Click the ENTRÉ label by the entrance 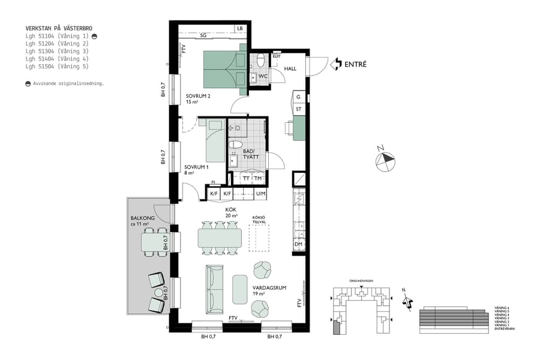[355, 64]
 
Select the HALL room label [290, 69]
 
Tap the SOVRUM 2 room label [197, 95]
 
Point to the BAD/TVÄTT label [249, 154]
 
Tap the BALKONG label [143, 218]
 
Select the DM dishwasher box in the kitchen [298, 244]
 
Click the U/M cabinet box [260, 194]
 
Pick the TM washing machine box [258, 179]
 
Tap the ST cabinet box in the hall [298, 109]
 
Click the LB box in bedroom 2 [239, 28]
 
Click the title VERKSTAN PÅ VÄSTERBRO [59, 28]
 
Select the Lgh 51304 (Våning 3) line [57, 52]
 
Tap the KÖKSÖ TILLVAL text [259, 220]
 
